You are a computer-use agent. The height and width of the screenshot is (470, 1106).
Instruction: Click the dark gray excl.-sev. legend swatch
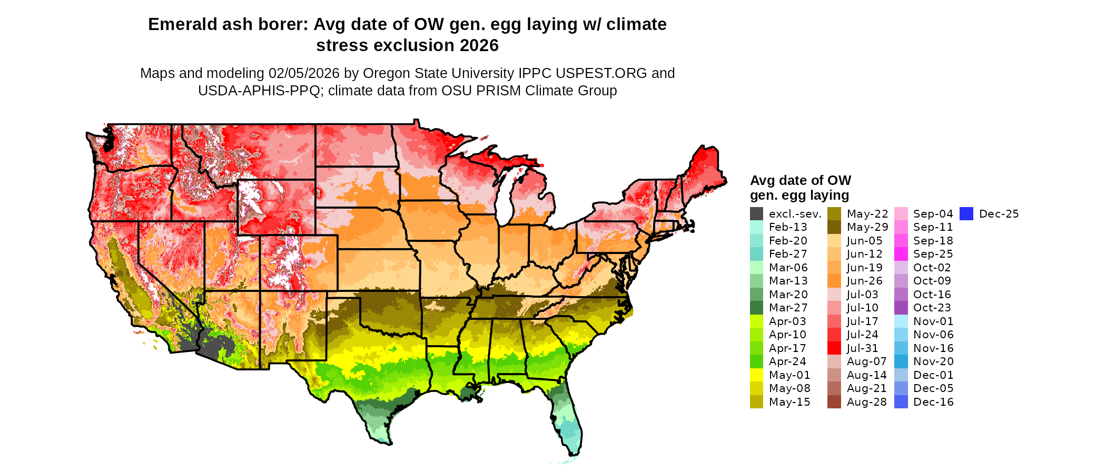[x=756, y=214]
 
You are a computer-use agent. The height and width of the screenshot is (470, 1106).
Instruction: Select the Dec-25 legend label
[x=999, y=214]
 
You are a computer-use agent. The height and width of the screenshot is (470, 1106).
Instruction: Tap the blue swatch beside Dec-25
[x=966, y=214]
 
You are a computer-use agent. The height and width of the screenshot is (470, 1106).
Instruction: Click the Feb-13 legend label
[x=788, y=227]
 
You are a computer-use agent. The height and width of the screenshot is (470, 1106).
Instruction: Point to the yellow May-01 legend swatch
[x=756, y=375]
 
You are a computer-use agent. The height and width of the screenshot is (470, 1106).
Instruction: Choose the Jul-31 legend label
[x=862, y=348]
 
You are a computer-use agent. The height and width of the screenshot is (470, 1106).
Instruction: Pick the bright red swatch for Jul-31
[x=834, y=348]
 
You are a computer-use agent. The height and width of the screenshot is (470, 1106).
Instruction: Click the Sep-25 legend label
[x=933, y=254]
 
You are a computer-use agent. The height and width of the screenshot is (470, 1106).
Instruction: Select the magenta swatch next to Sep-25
[x=901, y=254]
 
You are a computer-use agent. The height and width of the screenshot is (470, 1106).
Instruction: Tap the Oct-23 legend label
[x=932, y=308]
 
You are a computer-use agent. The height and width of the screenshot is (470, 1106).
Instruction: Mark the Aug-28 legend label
[x=866, y=402]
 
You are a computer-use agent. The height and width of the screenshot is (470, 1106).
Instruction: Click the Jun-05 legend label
[x=864, y=241]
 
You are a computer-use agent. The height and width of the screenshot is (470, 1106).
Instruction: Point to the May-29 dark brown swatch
[x=834, y=227]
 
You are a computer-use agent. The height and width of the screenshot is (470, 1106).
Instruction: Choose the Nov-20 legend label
[x=933, y=361]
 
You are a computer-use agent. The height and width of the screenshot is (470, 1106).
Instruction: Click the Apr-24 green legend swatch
[x=756, y=361]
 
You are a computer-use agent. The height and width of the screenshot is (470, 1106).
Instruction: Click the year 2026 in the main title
[x=479, y=45]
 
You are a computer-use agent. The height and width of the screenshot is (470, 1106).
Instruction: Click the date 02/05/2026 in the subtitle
[x=303, y=73]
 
